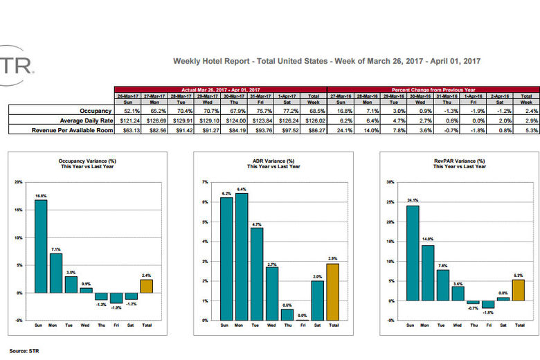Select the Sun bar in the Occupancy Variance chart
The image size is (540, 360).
[41, 246]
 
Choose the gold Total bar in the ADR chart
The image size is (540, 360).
[332, 291]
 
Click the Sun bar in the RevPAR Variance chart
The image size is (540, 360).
[413, 253]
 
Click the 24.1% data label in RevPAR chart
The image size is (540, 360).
[413, 201]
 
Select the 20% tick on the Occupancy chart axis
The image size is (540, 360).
[19, 182]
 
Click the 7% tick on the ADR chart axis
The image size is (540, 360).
[206, 182]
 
